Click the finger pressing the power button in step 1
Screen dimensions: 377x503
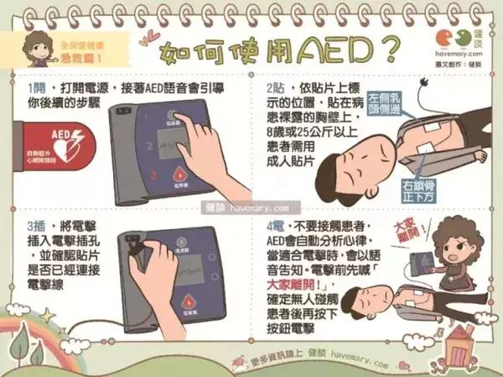(x=189, y=126)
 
